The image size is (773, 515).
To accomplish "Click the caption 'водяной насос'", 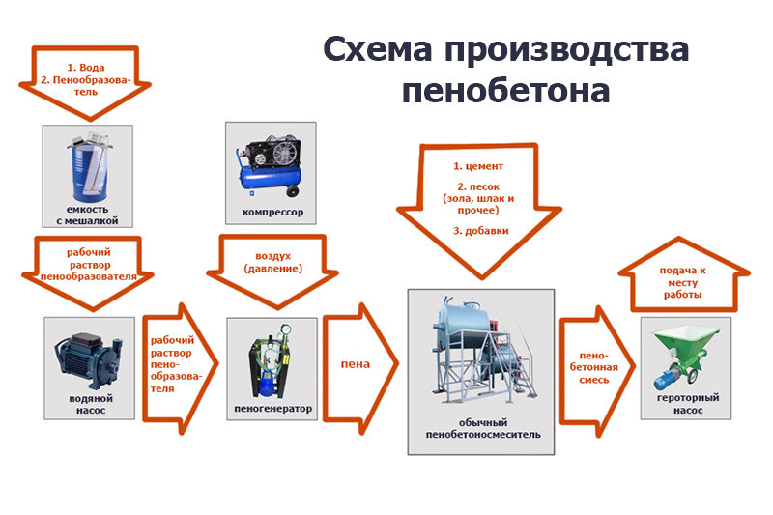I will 87,404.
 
